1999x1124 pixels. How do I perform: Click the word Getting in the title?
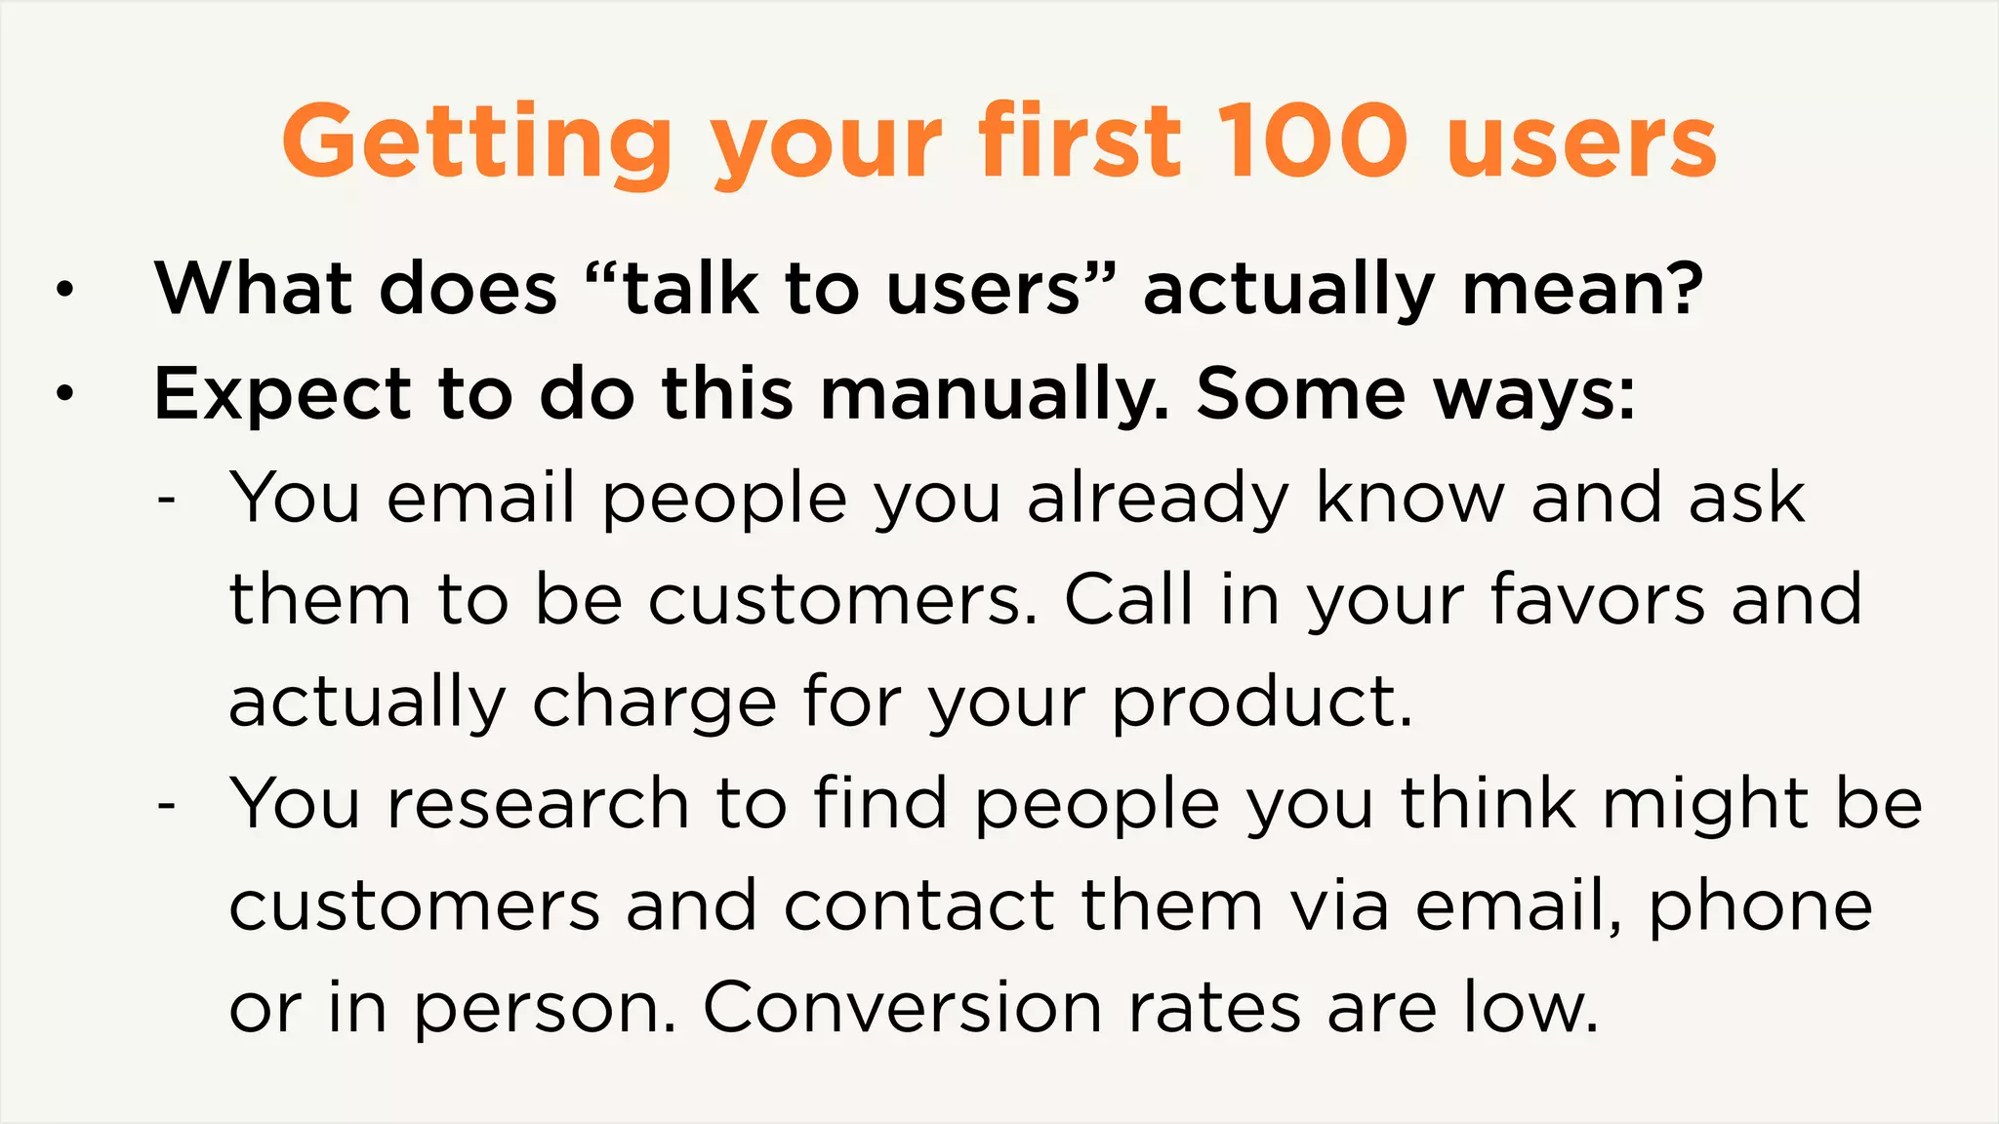pyautogui.click(x=477, y=143)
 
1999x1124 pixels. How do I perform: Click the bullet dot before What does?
pyautogui.click(x=64, y=290)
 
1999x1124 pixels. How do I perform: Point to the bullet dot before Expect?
pyautogui.click(x=64, y=394)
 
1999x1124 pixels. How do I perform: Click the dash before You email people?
pyautogui.click(x=167, y=500)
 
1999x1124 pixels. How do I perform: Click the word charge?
pyautogui.click(x=654, y=702)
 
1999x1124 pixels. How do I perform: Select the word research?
pyautogui.click(x=539, y=804)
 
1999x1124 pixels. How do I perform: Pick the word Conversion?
pyautogui.click(x=902, y=1008)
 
